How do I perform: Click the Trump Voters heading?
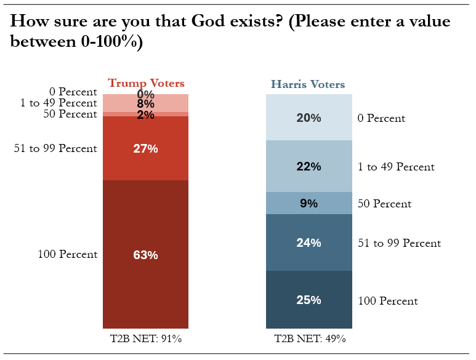pyautogui.click(x=147, y=84)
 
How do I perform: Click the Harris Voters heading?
pyautogui.click(x=308, y=84)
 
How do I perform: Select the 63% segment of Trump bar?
pyautogui.click(x=146, y=254)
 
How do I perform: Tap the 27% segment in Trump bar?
pyautogui.click(x=146, y=148)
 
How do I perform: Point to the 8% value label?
pyautogui.click(x=146, y=104)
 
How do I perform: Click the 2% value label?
pyautogui.click(x=146, y=115)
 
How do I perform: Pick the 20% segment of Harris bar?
pyautogui.click(x=309, y=118)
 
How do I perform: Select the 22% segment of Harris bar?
pyautogui.click(x=309, y=166)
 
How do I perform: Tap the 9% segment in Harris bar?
pyautogui.click(x=309, y=203)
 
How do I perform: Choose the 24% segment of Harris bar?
pyautogui.click(x=309, y=242)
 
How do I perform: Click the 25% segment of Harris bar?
pyautogui.click(x=309, y=300)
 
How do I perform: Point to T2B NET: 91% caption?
pyautogui.click(x=146, y=338)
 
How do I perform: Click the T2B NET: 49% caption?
pyautogui.click(x=310, y=338)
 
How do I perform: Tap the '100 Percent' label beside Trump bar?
pyautogui.click(x=67, y=254)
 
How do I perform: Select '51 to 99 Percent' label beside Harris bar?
pyautogui.click(x=399, y=243)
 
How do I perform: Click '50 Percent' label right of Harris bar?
pyautogui.click(x=384, y=204)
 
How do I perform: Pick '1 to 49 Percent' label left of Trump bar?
pyautogui.click(x=58, y=103)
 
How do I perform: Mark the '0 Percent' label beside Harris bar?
pyautogui.click(x=381, y=118)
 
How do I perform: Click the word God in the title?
pyautogui.click(x=208, y=21)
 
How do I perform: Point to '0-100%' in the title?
pyautogui.click(x=109, y=41)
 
